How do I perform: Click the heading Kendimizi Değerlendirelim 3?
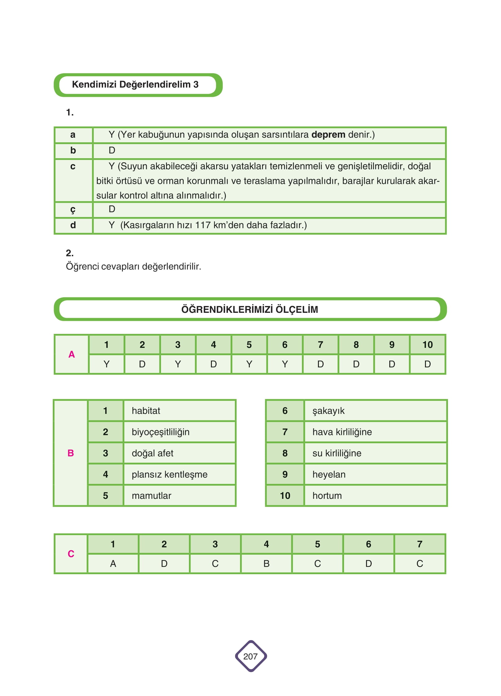[135, 85]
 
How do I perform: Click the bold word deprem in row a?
[328, 135]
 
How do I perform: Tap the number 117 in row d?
[203, 225]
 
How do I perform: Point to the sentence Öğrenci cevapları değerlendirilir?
[133, 266]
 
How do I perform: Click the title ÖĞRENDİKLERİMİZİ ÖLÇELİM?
[249, 309]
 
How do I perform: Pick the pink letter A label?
[72, 354]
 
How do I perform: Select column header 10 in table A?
[427, 345]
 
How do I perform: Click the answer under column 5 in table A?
[249, 364]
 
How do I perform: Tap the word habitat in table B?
[146, 411]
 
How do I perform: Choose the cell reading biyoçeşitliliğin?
[160, 432]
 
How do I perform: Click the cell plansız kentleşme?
[169, 474]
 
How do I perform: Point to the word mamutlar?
[151, 496]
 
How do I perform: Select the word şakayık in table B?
[328, 411]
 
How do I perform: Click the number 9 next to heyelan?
[285, 474]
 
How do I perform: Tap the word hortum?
[327, 496]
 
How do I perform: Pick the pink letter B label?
[71, 453]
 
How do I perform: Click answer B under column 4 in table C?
[266, 564]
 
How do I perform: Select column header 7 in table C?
[419, 544]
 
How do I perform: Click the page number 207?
[250, 656]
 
